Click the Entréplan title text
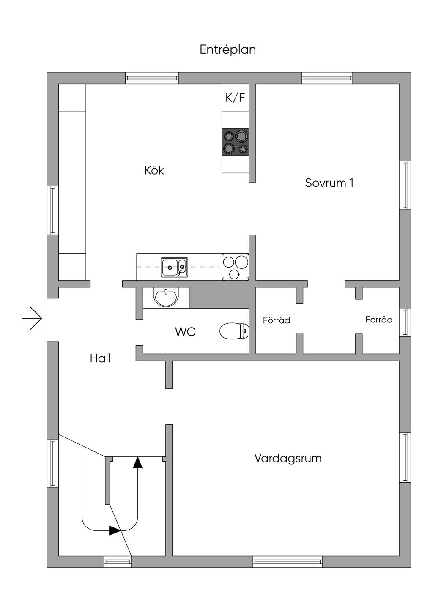pyautogui.click(x=227, y=50)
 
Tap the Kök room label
pyautogui.click(x=154, y=170)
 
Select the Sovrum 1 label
pyautogui.click(x=329, y=183)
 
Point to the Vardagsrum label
pyautogui.click(x=288, y=458)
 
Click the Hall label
pyautogui.click(x=100, y=358)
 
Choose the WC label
pyautogui.click(x=185, y=332)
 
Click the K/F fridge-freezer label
pyautogui.click(x=235, y=98)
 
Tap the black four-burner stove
pyautogui.click(x=236, y=142)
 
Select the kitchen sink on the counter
pyautogui.click(x=174, y=268)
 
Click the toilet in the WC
pyautogui.click(x=234, y=331)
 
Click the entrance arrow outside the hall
pyautogui.click(x=32, y=318)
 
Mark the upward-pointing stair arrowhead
pyautogui.click(x=137, y=462)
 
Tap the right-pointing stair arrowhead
pyautogui.click(x=115, y=530)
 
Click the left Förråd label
pyautogui.click(x=277, y=320)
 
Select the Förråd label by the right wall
pyautogui.click(x=379, y=320)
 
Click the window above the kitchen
pyautogui.click(x=152, y=78)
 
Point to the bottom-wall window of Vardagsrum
pyautogui.click(x=288, y=562)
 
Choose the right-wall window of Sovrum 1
pyautogui.click(x=405, y=185)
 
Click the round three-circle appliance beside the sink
pyautogui.click(x=235, y=267)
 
